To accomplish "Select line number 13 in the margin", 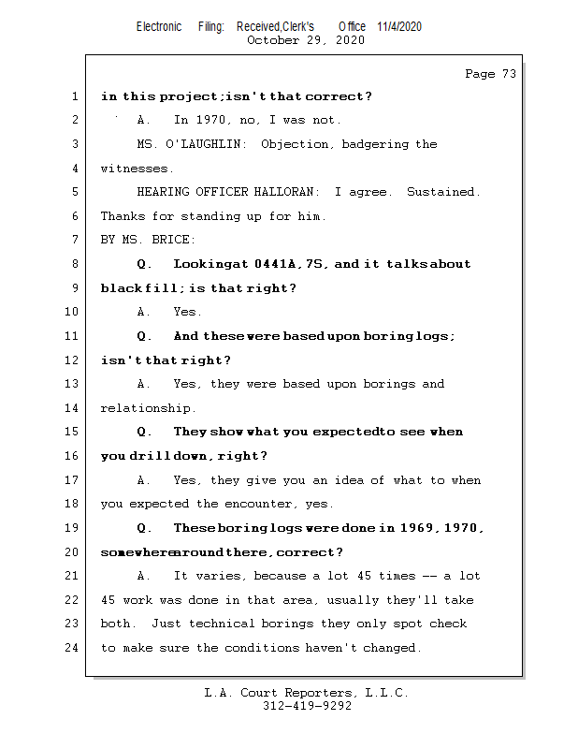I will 74,384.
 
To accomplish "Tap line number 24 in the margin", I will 74,648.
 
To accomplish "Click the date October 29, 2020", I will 305,40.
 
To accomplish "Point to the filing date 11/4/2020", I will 399,26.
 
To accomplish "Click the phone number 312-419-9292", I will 307,706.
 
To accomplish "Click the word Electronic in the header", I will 159,26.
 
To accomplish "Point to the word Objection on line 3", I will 296,144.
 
